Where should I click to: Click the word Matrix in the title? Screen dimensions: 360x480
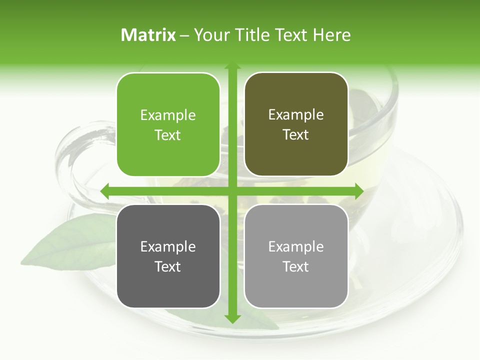coord(148,35)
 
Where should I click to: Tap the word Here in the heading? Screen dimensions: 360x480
coord(331,35)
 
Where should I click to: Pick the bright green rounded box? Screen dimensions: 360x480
coord(168,124)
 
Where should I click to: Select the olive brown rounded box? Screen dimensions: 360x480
coord(296,124)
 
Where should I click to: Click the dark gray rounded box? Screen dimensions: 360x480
coord(168,256)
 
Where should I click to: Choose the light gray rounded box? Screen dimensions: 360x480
coord(296,256)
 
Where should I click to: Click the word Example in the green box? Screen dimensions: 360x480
coord(168,115)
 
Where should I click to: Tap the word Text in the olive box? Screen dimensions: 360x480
coord(296,135)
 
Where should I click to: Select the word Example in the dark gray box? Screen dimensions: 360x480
coord(168,246)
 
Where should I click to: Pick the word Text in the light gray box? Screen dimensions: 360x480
coord(296,266)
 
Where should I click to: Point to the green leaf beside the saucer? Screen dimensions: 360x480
coord(70,245)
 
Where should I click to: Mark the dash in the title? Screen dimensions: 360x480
coord(184,35)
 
